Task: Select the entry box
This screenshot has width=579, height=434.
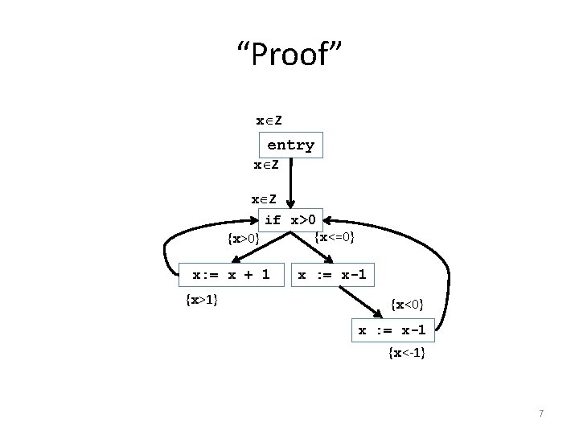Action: point(290,145)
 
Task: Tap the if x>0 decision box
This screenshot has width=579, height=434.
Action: point(293,219)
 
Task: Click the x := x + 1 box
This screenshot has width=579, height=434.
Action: point(231,275)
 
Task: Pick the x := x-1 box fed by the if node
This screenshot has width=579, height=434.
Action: point(331,275)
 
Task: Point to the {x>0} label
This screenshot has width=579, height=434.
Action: point(243,239)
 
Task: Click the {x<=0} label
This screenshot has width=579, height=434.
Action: point(336,236)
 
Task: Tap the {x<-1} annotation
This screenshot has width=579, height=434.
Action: point(406,353)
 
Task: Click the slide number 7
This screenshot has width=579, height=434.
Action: point(541,414)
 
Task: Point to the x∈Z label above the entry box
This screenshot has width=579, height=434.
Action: point(269,121)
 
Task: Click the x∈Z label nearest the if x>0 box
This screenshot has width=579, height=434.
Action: point(264,199)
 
